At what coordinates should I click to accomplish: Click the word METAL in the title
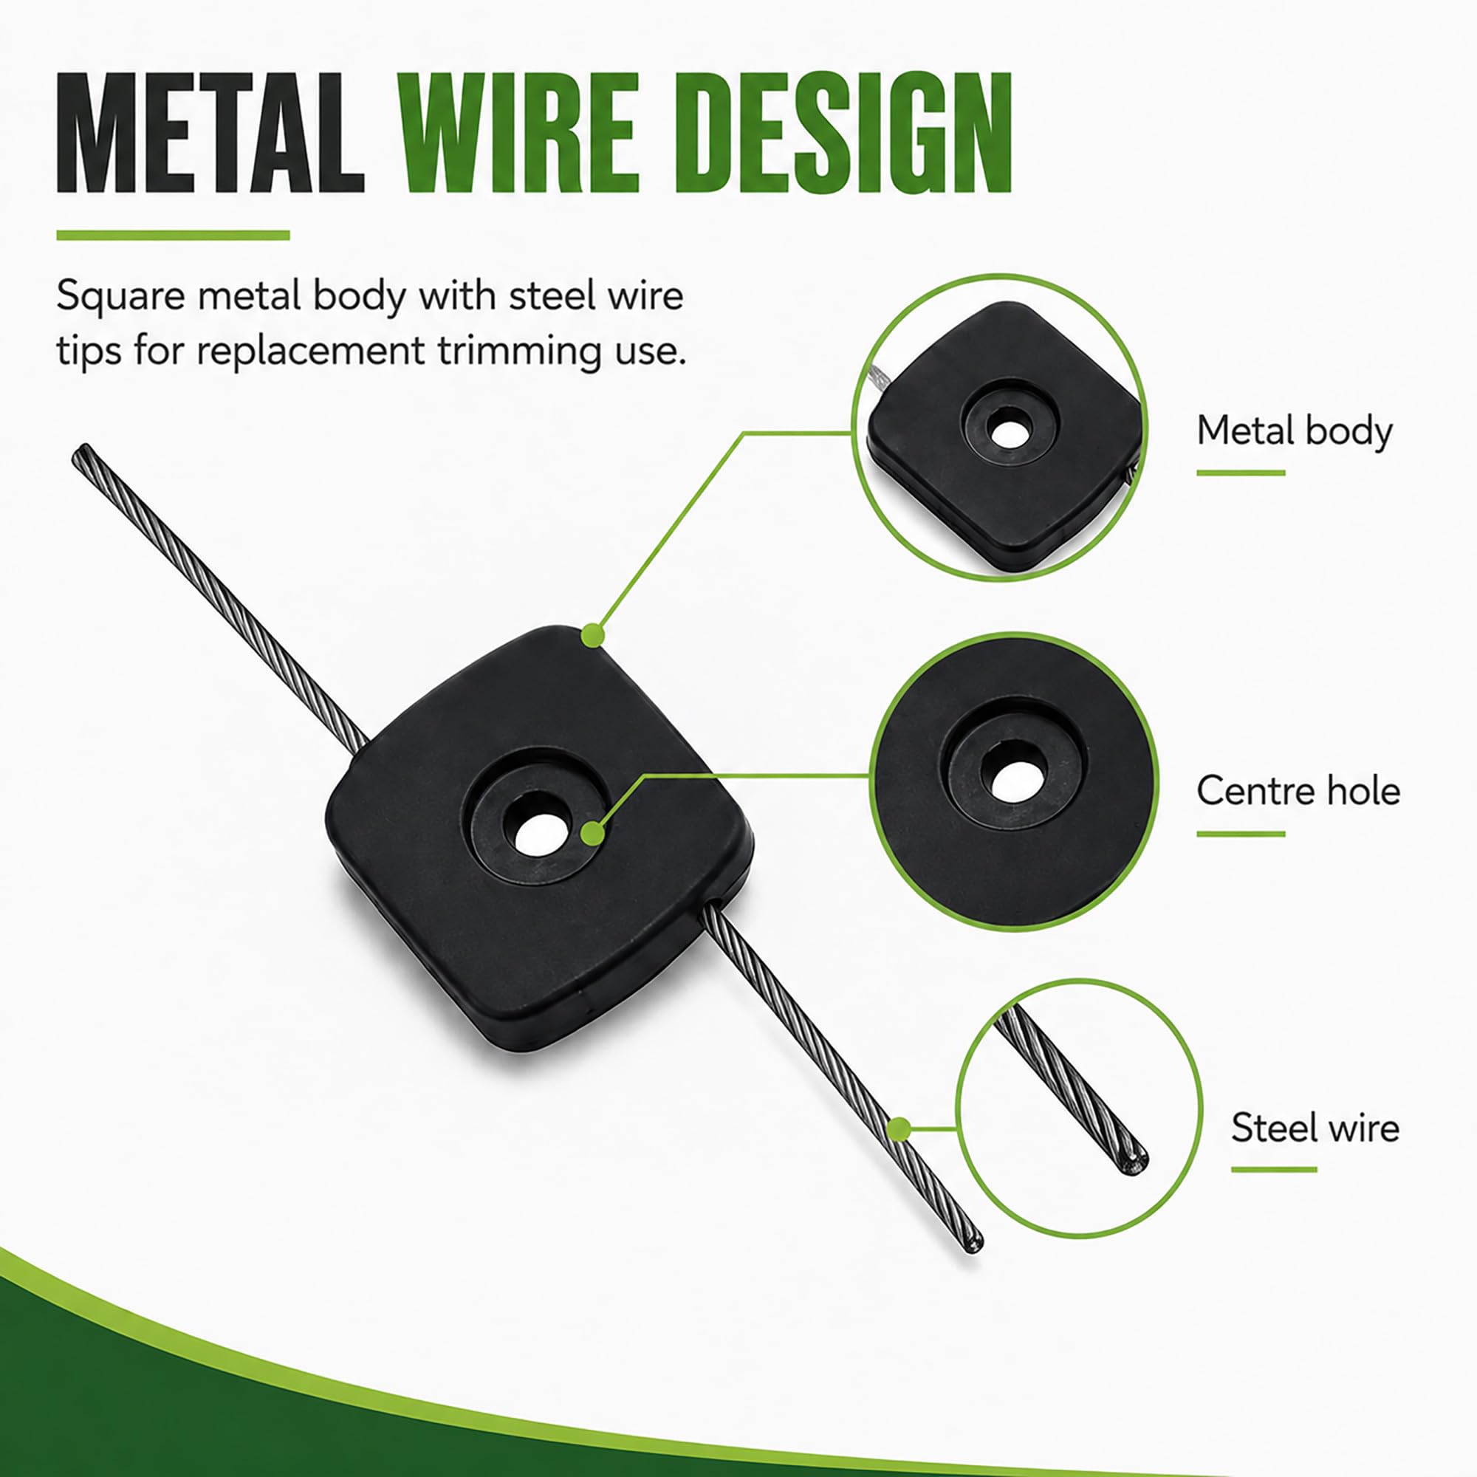(x=211, y=133)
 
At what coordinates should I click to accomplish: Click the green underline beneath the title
(x=173, y=236)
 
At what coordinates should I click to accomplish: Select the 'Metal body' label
(x=1295, y=431)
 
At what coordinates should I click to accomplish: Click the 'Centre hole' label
(x=1298, y=790)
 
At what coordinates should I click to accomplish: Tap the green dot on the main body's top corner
(x=593, y=635)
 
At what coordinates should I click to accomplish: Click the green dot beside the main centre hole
(x=592, y=833)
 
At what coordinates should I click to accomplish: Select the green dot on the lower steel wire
(x=899, y=1129)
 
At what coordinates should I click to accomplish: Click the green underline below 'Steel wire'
(x=1274, y=1170)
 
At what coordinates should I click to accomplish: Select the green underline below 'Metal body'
(x=1241, y=473)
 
